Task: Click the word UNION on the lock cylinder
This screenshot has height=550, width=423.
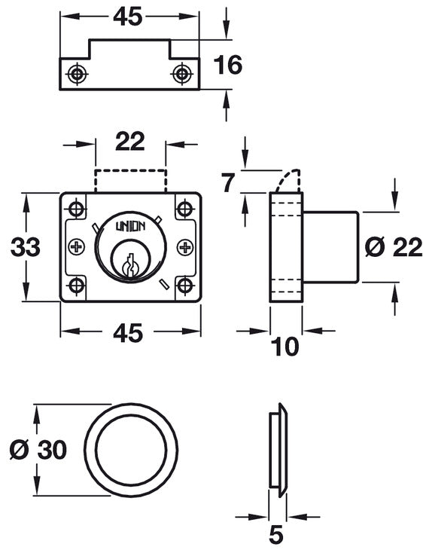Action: pyautogui.click(x=129, y=225)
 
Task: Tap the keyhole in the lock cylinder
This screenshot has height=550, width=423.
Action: pyautogui.click(x=129, y=264)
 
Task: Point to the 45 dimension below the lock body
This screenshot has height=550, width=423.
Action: pyautogui.click(x=129, y=332)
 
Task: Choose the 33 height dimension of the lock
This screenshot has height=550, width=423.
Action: pyautogui.click(x=25, y=246)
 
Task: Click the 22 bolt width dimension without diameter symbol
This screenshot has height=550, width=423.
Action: pyautogui.click(x=129, y=141)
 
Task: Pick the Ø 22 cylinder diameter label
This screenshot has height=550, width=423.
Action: pyautogui.click(x=392, y=246)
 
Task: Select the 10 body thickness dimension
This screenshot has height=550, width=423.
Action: pyautogui.click(x=286, y=346)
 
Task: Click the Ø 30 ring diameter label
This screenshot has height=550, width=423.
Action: pyautogui.click(x=38, y=450)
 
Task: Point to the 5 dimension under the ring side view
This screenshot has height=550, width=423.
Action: pyautogui.click(x=276, y=534)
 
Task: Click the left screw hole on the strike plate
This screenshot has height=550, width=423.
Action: pyautogui.click(x=76, y=73)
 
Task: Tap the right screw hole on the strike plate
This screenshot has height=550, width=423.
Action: pyautogui.click(x=181, y=73)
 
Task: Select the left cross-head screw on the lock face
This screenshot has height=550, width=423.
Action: pyautogui.click(x=76, y=246)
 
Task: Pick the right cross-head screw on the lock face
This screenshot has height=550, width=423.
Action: pyautogui.click(x=184, y=246)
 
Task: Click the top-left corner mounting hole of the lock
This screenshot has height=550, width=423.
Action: pyautogui.click(x=76, y=207)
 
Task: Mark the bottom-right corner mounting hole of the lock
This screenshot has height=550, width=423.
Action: pyautogui.click(x=184, y=286)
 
